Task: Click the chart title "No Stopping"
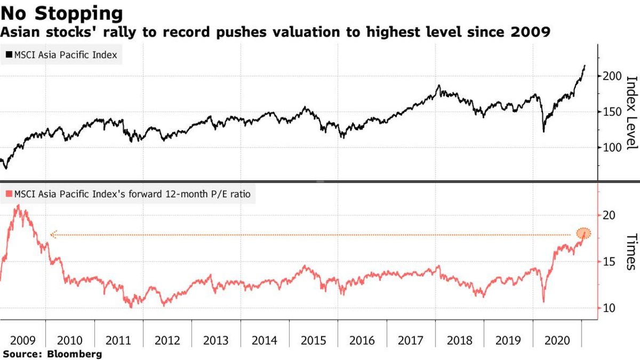[x=62, y=12]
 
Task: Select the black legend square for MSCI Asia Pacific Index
[x=9, y=54]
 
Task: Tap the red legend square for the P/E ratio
[x=9, y=195]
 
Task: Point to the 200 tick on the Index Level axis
[x=612, y=76]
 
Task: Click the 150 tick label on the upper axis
[x=612, y=111]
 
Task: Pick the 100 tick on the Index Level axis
[x=612, y=147]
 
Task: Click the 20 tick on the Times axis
[x=609, y=215]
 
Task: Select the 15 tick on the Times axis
[x=609, y=262]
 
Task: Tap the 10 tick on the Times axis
[x=609, y=308]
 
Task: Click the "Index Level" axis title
[x=631, y=113]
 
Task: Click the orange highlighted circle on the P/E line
[x=584, y=233]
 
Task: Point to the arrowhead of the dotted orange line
[x=52, y=234]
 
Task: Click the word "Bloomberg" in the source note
[x=75, y=354]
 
